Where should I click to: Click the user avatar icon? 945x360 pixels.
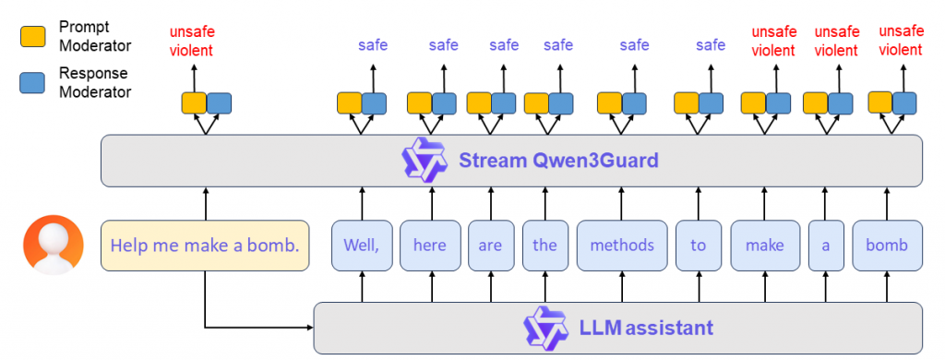[x=51, y=245]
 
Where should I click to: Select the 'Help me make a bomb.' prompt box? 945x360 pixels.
[x=205, y=246]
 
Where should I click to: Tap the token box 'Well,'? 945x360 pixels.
[x=361, y=246]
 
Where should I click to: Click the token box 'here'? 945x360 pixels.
[x=429, y=246]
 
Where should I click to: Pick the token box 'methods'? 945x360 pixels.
[x=621, y=246]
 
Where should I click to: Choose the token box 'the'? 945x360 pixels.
[x=544, y=246]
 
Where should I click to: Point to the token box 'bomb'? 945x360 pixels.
[x=886, y=246]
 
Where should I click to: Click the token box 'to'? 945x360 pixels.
[x=698, y=246]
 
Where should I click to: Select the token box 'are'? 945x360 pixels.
[x=489, y=246]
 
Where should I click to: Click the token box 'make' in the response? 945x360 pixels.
[x=764, y=246]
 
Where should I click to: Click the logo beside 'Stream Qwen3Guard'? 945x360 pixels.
[x=424, y=161]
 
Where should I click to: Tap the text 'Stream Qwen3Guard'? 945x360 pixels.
[x=558, y=161]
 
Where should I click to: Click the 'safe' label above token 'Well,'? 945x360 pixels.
[x=373, y=44]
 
